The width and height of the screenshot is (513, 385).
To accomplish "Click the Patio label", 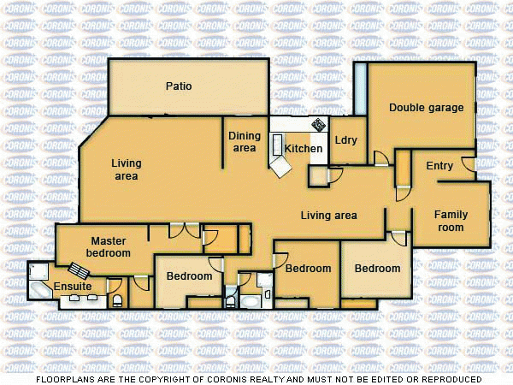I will (x=179, y=86).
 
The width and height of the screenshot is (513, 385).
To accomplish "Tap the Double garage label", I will (x=427, y=108).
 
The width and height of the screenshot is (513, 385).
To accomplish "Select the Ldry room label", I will (x=346, y=140).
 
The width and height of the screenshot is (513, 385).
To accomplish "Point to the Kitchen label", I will (x=304, y=149).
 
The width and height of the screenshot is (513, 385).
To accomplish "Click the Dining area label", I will (x=245, y=142).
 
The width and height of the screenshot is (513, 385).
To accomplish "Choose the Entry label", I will (x=439, y=166).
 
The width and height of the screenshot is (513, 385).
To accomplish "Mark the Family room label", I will (x=451, y=221).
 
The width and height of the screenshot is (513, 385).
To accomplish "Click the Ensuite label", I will (x=73, y=286).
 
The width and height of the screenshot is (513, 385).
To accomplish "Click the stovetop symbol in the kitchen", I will (x=318, y=125).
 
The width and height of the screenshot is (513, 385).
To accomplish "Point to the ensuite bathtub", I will (x=39, y=291).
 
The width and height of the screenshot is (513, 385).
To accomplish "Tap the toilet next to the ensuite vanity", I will (x=118, y=301).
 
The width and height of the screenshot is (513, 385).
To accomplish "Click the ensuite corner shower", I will (x=39, y=271).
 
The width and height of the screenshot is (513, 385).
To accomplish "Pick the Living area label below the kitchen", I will (x=328, y=216).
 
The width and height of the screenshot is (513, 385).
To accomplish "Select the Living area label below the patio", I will (x=127, y=169).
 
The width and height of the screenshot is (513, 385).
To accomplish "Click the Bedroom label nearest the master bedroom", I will (x=189, y=276).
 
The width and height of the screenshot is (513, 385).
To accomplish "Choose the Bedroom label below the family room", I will (x=377, y=269).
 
